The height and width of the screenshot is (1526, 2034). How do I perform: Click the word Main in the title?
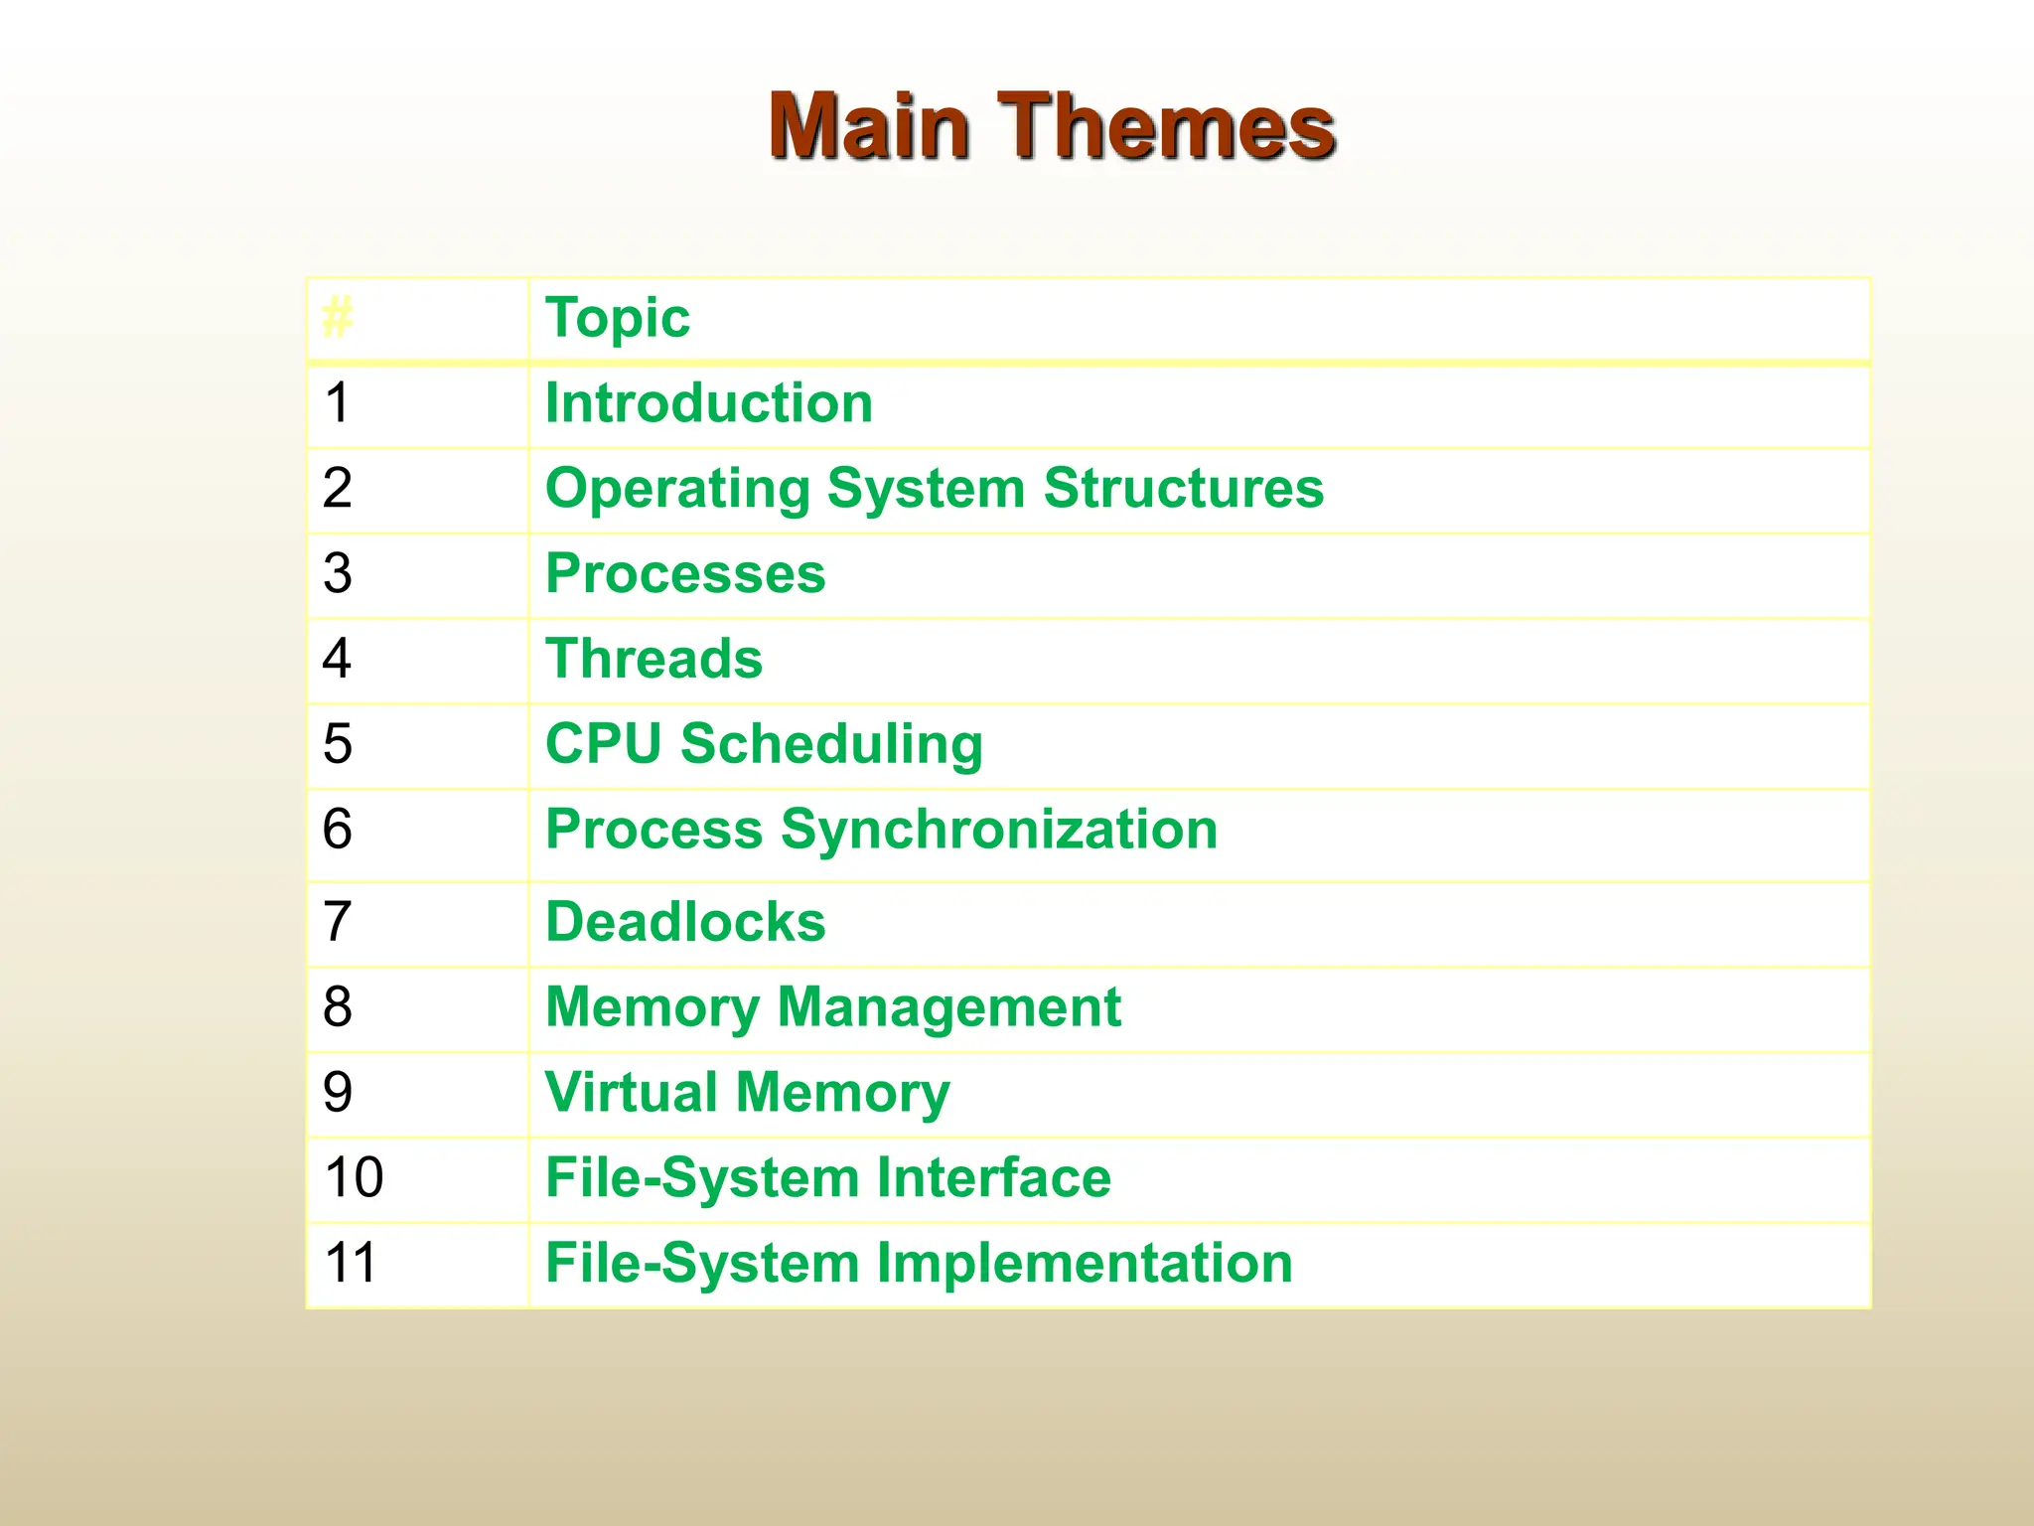(869, 126)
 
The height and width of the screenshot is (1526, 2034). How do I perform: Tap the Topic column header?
(617, 318)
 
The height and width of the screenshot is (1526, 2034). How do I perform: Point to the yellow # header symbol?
(338, 318)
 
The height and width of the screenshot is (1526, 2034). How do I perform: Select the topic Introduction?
(708, 403)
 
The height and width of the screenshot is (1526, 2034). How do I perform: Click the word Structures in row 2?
(1183, 488)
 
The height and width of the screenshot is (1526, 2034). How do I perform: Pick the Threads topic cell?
(654, 659)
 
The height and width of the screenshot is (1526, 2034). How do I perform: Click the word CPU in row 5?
(603, 743)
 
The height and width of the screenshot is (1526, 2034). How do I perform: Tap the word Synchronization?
(999, 829)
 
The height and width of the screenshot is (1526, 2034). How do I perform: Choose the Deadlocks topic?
(685, 922)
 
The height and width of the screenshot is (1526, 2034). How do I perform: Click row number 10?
(354, 1177)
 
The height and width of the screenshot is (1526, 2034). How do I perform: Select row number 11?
(351, 1263)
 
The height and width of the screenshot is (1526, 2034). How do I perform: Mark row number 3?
(338, 573)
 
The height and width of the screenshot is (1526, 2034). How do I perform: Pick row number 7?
(338, 922)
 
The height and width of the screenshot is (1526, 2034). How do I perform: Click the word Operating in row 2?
(677, 490)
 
